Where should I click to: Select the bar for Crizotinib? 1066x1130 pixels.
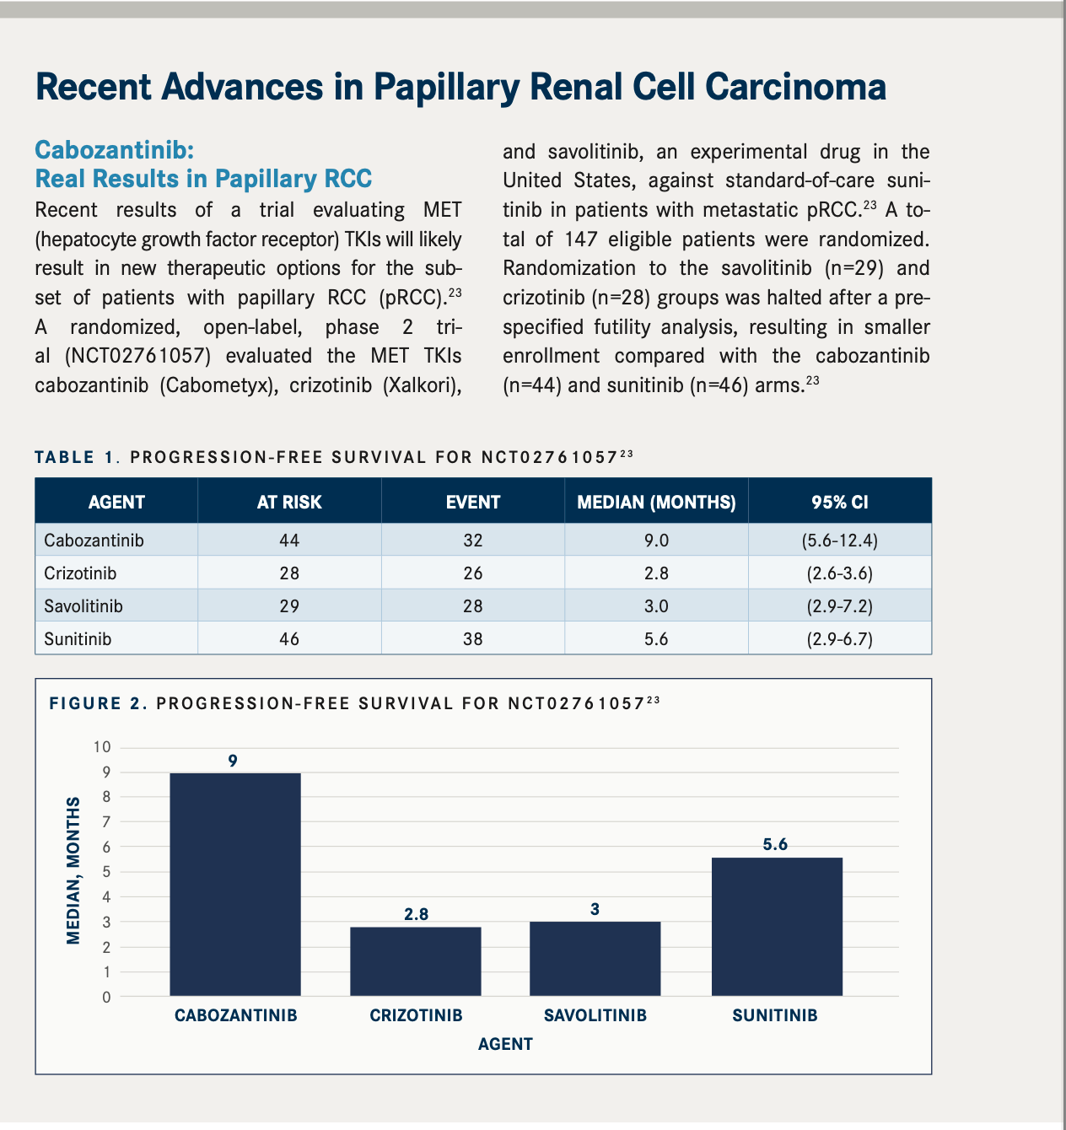416,961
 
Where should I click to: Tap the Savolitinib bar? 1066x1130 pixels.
595,959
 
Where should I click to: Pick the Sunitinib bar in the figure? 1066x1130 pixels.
777,927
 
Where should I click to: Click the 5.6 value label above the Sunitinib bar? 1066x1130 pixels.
775,844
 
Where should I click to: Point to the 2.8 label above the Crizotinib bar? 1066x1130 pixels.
416,914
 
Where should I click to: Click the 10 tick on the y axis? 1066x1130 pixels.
102,747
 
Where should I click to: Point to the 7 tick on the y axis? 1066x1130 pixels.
106,822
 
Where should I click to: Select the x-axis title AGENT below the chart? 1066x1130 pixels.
505,1044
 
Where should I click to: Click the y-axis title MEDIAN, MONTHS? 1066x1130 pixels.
73,870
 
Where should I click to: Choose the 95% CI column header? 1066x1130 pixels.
839,503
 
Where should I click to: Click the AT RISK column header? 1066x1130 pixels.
289,503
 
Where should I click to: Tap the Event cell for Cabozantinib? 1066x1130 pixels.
472,541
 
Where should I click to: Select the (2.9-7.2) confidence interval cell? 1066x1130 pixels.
839,606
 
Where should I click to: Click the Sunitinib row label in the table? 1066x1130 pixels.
78,639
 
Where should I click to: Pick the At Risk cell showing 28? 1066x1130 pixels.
289,573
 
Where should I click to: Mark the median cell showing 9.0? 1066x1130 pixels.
656,541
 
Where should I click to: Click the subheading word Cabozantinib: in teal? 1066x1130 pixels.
115,151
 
